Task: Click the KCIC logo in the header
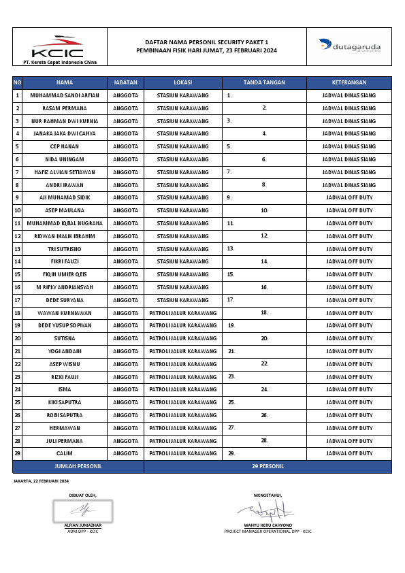pos(57,47)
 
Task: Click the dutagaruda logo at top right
pos(350,46)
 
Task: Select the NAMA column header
pos(65,82)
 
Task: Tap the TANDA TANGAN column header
pos(264,82)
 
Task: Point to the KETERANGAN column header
pos(349,82)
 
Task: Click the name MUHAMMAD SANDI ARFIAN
pos(65,95)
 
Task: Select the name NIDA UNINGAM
pos(65,159)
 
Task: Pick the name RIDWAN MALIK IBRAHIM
pos(65,236)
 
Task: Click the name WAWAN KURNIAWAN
pos(65,313)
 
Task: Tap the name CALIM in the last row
pos(65,453)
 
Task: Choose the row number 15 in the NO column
pos(17,274)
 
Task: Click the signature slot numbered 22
pos(264,364)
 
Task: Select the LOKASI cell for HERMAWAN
pos(182,428)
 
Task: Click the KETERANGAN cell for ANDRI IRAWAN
pos(349,185)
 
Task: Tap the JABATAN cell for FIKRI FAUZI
pos(126,261)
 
